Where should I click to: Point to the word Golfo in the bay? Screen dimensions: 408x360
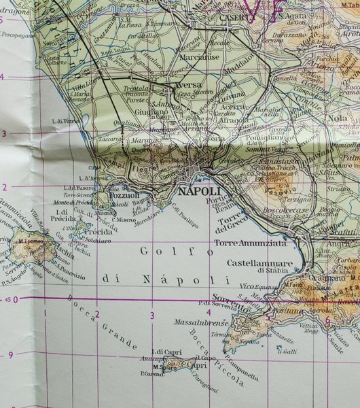coord(166,252)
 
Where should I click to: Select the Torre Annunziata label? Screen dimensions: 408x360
coord(251,243)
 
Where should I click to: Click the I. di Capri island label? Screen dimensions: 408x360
coord(168,351)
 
